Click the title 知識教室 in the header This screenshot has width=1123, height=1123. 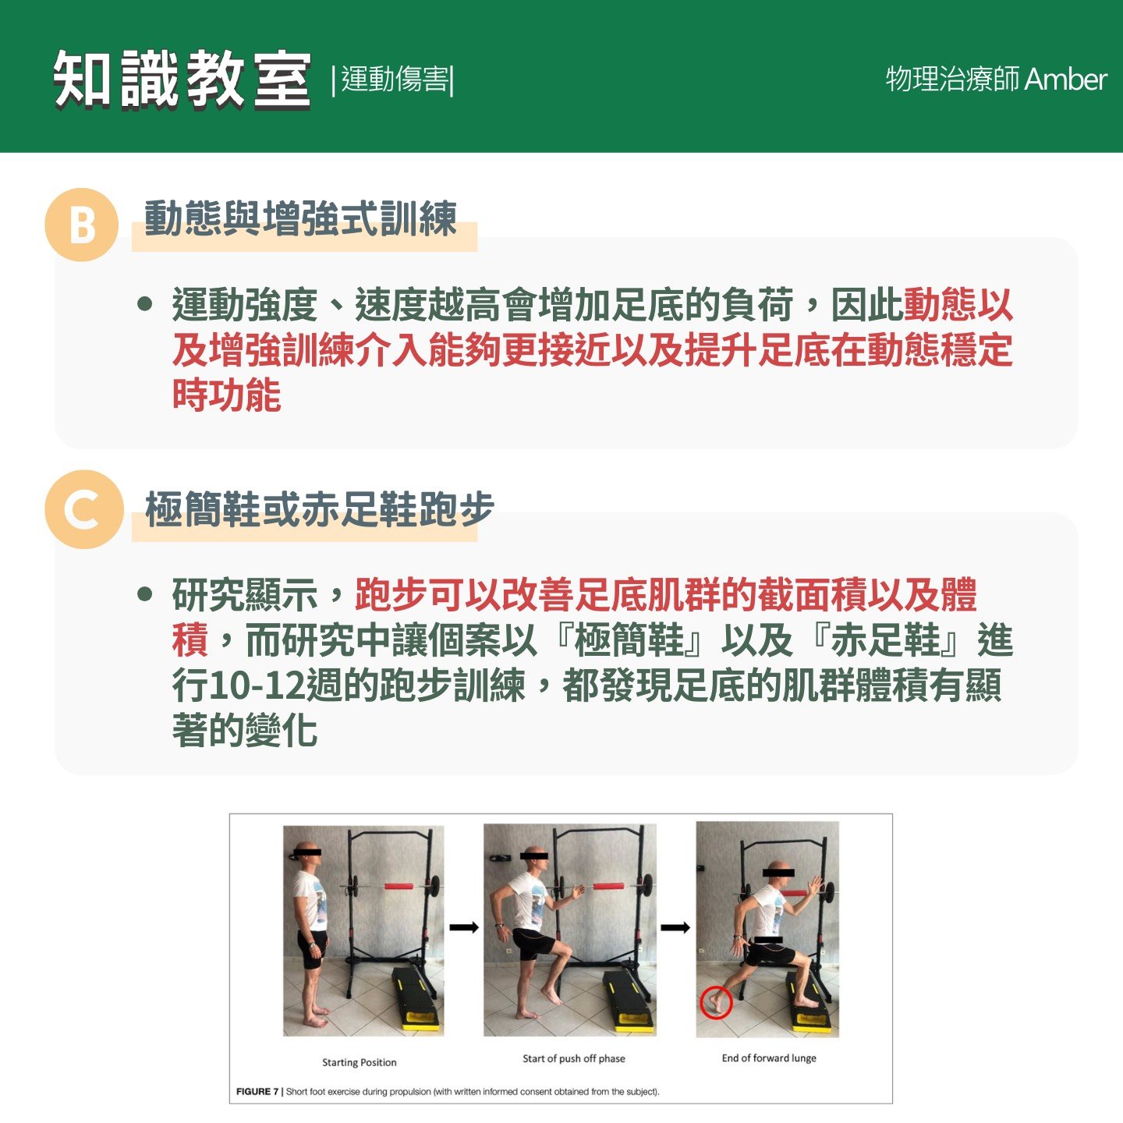pyautogui.click(x=182, y=80)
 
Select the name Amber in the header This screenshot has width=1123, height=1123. pyautogui.click(x=1065, y=80)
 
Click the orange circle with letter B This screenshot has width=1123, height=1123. pyautogui.click(x=82, y=225)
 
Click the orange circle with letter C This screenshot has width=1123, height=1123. pyautogui.click(x=84, y=509)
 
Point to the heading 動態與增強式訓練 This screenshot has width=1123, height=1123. pyautogui.click(x=300, y=218)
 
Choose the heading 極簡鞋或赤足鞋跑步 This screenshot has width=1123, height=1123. pyautogui.click(x=320, y=508)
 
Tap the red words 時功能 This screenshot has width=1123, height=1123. pyautogui.click(x=227, y=395)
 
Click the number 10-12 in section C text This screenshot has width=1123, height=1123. pyautogui.click(x=257, y=685)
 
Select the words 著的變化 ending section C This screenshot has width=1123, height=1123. pyautogui.click(x=245, y=730)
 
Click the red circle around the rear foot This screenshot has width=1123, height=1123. pyautogui.click(x=716, y=1002)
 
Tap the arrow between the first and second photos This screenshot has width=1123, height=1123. pyautogui.click(x=464, y=927)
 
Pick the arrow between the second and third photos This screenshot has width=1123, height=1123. pyautogui.click(x=675, y=927)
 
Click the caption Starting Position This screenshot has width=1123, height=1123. pyautogui.click(x=359, y=1062)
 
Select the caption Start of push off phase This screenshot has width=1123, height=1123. pyautogui.click(x=573, y=1058)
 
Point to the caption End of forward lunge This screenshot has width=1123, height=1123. pyautogui.click(x=769, y=1057)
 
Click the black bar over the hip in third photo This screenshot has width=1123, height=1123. pyautogui.click(x=768, y=940)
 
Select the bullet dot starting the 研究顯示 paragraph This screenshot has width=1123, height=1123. pyautogui.click(x=144, y=594)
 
